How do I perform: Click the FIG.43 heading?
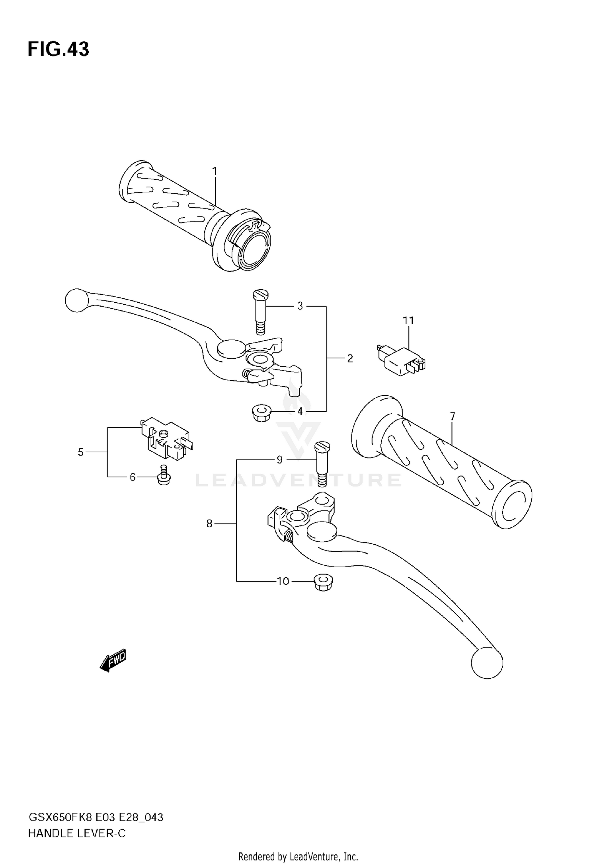(59, 50)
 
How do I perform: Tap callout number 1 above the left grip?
(215, 171)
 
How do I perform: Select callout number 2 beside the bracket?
(350, 358)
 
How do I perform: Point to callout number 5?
(81, 452)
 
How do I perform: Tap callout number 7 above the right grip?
(453, 416)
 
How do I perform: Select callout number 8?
(209, 524)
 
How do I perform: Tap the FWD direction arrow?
(113, 661)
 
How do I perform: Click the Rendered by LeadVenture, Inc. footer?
(298, 854)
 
